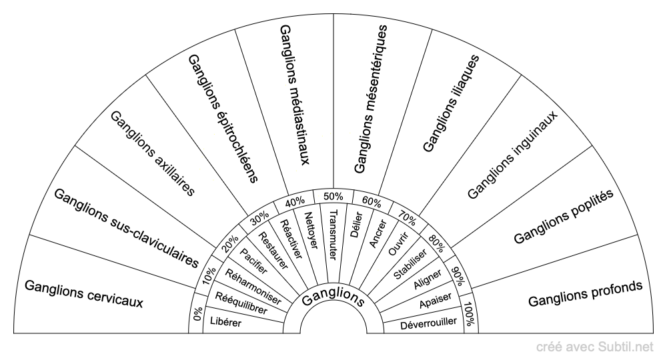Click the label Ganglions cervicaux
pos(84,293)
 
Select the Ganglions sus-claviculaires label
pos(126,228)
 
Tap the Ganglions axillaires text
pos(152,153)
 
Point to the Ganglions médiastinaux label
pos(294,95)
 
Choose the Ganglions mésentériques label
pos(371,99)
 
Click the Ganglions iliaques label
pos(452,103)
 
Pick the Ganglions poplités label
pos(563,217)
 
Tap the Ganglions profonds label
pos(585,294)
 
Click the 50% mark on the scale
pos(333,197)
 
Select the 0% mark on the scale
pos(197,314)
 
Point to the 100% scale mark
pos(469,314)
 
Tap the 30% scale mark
pos(259,218)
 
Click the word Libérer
pos(225,322)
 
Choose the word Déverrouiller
pos(428,323)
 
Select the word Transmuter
pos(333,234)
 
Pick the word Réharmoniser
pos(253,287)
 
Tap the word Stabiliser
pos(410,265)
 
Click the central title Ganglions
pos(333,297)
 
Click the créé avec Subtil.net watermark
pos(594,347)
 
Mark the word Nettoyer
pos(311,231)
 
